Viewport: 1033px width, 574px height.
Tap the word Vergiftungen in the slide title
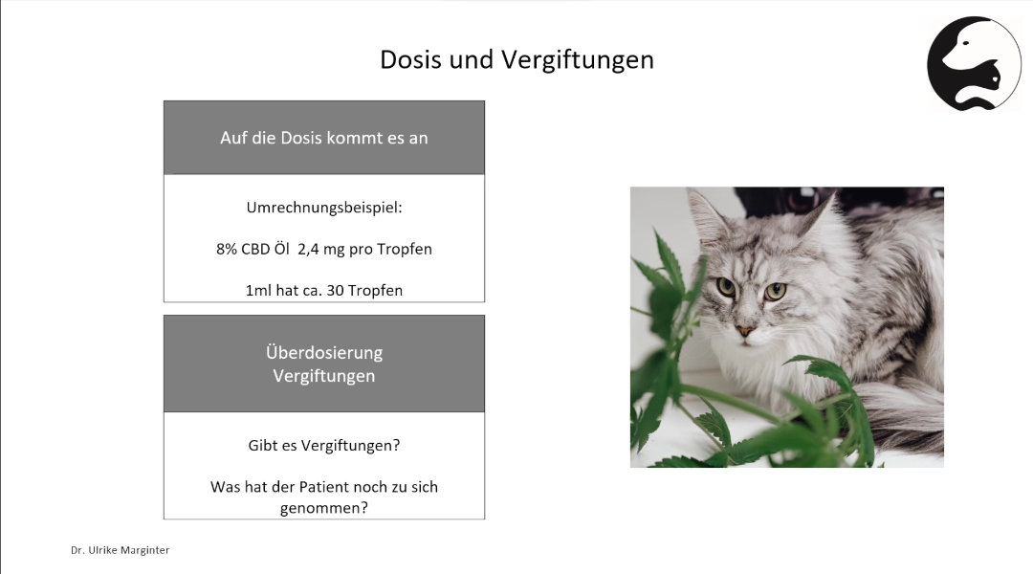point(577,60)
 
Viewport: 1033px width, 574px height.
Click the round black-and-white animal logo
point(975,63)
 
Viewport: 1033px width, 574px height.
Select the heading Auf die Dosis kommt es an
point(324,138)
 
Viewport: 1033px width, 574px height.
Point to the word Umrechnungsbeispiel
point(322,208)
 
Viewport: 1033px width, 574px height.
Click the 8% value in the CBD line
point(227,249)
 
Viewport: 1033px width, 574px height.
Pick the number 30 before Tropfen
point(335,291)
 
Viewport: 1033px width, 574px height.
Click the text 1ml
point(258,291)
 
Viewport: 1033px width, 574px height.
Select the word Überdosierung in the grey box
point(324,353)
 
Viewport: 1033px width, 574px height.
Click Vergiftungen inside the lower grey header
point(324,376)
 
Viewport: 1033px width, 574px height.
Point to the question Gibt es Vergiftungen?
point(324,446)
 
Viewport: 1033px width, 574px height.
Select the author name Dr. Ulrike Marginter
point(120,550)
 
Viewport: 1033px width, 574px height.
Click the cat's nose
point(744,329)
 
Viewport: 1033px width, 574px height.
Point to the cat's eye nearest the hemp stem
point(725,287)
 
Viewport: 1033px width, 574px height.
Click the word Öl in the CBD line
point(281,249)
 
